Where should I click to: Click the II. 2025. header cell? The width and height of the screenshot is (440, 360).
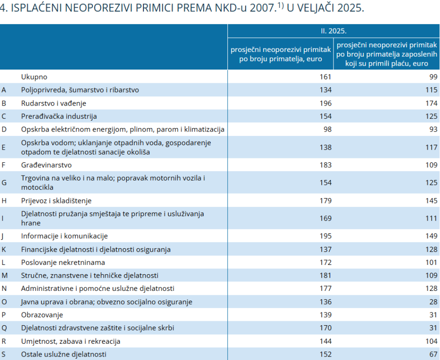(x=334, y=31)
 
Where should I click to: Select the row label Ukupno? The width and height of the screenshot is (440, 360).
(x=34, y=77)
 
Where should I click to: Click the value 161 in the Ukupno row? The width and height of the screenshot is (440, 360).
(x=326, y=77)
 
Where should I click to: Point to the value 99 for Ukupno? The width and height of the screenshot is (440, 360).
(x=433, y=77)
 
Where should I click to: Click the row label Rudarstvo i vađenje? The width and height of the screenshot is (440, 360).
(x=54, y=103)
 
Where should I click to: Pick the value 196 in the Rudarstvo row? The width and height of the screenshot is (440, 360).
(x=326, y=103)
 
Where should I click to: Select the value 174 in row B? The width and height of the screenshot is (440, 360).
(x=432, y=103)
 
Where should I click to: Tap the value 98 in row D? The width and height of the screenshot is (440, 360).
(x=327, y=129)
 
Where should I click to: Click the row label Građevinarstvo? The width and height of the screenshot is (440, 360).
(x=46, y=165)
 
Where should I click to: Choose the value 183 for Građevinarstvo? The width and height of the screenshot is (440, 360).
(x=326, y=165)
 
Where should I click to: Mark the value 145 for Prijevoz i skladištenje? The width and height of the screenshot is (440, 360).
(x=432, y=201)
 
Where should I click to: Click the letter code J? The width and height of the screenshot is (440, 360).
(x=2, y=236)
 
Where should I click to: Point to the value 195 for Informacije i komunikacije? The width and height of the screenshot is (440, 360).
(x=326, y=236)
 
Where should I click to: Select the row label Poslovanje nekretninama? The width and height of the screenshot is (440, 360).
(x=63, y=262)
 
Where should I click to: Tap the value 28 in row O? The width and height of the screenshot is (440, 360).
(x=433, y=301)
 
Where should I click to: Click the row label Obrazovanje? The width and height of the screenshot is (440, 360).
(x=42, y=315)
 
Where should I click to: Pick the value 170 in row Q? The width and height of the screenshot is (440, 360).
(x=326, y=328)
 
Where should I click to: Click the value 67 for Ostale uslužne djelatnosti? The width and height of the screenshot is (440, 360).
(x=433, y=354)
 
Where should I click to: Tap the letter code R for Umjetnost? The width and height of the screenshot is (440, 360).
(x=4, y=341)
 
